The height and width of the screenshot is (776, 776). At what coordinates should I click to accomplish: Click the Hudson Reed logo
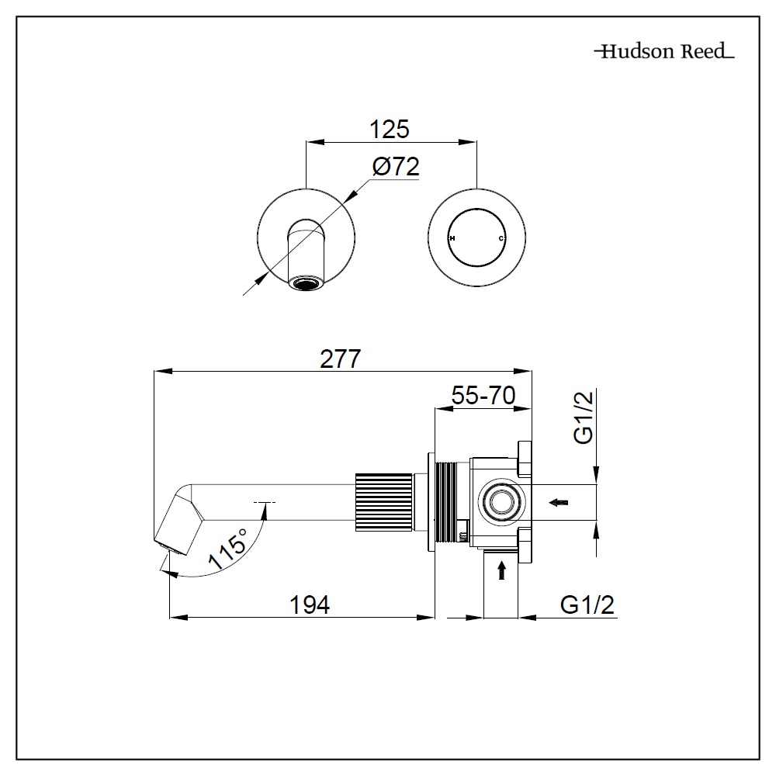tap(663, 53)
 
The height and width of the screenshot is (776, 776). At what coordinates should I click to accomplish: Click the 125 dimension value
tap(390, 129)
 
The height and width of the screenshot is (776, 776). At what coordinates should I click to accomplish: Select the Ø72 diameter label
tap(395, 167)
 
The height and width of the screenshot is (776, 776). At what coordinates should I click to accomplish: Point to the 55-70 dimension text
tap(483, 397)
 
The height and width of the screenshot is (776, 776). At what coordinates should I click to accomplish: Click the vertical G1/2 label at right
tap(583, 417)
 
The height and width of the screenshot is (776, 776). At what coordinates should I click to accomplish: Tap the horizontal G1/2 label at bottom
tap(587, 605)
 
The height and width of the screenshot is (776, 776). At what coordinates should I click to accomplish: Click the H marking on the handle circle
tap(452, 239)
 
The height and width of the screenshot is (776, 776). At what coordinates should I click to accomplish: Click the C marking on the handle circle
tap(501, 239)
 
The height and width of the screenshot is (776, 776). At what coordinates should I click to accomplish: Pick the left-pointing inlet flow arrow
tap(558, 503)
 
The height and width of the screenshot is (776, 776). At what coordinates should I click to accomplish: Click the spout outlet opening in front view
tap(306, 284)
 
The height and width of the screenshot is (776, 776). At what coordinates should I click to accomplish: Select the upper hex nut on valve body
tap(523, 459)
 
